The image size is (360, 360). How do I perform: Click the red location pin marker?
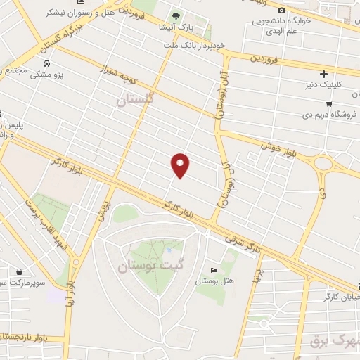pos(181,164)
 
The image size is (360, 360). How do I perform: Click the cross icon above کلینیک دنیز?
pos(323,74)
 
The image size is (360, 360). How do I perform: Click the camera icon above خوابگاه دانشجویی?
pos(282,11)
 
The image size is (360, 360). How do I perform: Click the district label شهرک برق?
pos(334,343)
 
